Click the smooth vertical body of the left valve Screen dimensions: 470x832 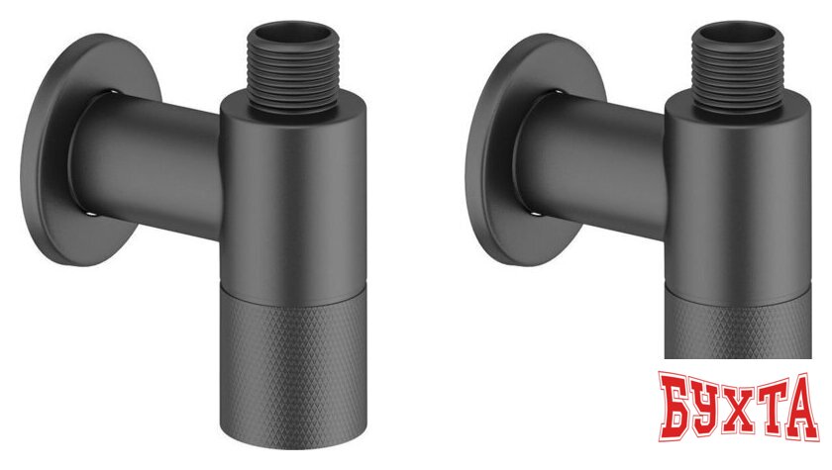click(284, 188)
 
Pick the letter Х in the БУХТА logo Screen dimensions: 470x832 click(744, 415)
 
